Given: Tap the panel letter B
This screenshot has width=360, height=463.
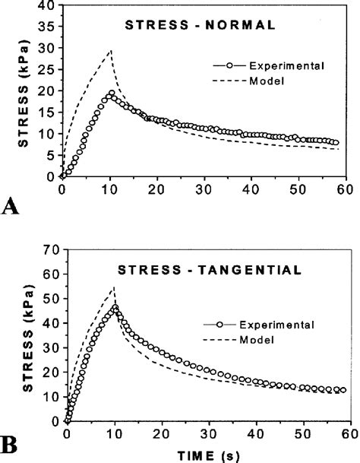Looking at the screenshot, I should point(11,442).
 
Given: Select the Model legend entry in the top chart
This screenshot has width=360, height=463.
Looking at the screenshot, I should point(258,82).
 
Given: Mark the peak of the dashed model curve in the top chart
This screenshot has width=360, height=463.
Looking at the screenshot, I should point(112,50).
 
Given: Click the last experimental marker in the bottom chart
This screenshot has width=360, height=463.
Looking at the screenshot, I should point(344,390).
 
